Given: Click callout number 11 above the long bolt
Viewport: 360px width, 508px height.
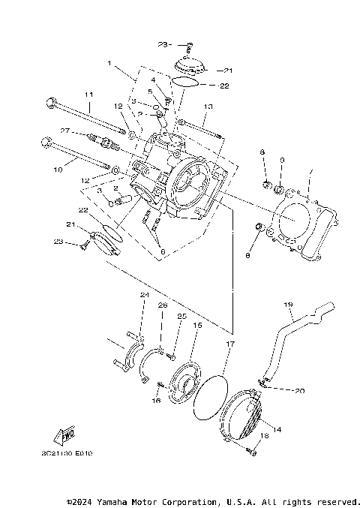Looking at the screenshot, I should tap(88, 95).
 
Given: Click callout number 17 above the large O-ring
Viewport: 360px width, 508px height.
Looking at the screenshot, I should tap(230, 344).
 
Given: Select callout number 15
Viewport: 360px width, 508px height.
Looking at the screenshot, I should tap(198, 326).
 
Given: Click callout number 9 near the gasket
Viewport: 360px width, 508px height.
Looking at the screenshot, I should tap(282, 161).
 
